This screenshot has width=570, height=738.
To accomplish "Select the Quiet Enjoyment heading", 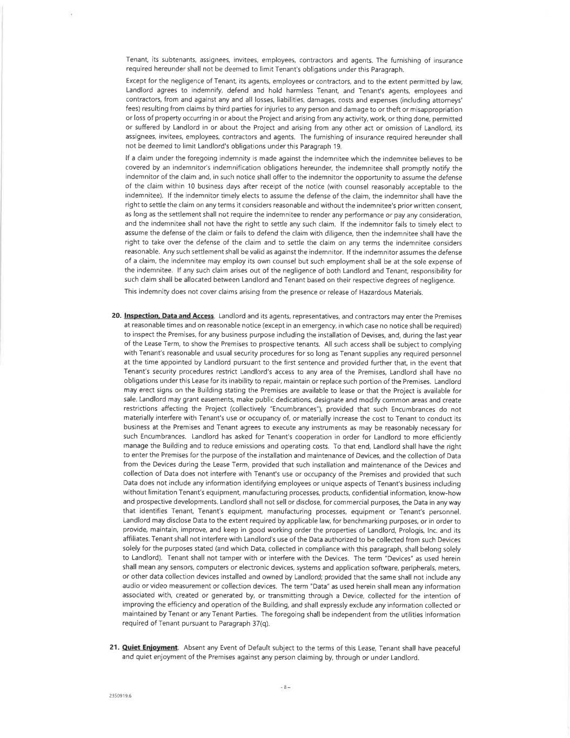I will tap(150, 648).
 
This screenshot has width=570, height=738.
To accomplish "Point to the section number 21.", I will tap(115, 648).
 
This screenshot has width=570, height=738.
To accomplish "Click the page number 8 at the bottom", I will tap(286, 687).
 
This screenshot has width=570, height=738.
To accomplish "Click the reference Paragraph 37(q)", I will tap(247, 624).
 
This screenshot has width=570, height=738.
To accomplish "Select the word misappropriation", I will tap(435, 109).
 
